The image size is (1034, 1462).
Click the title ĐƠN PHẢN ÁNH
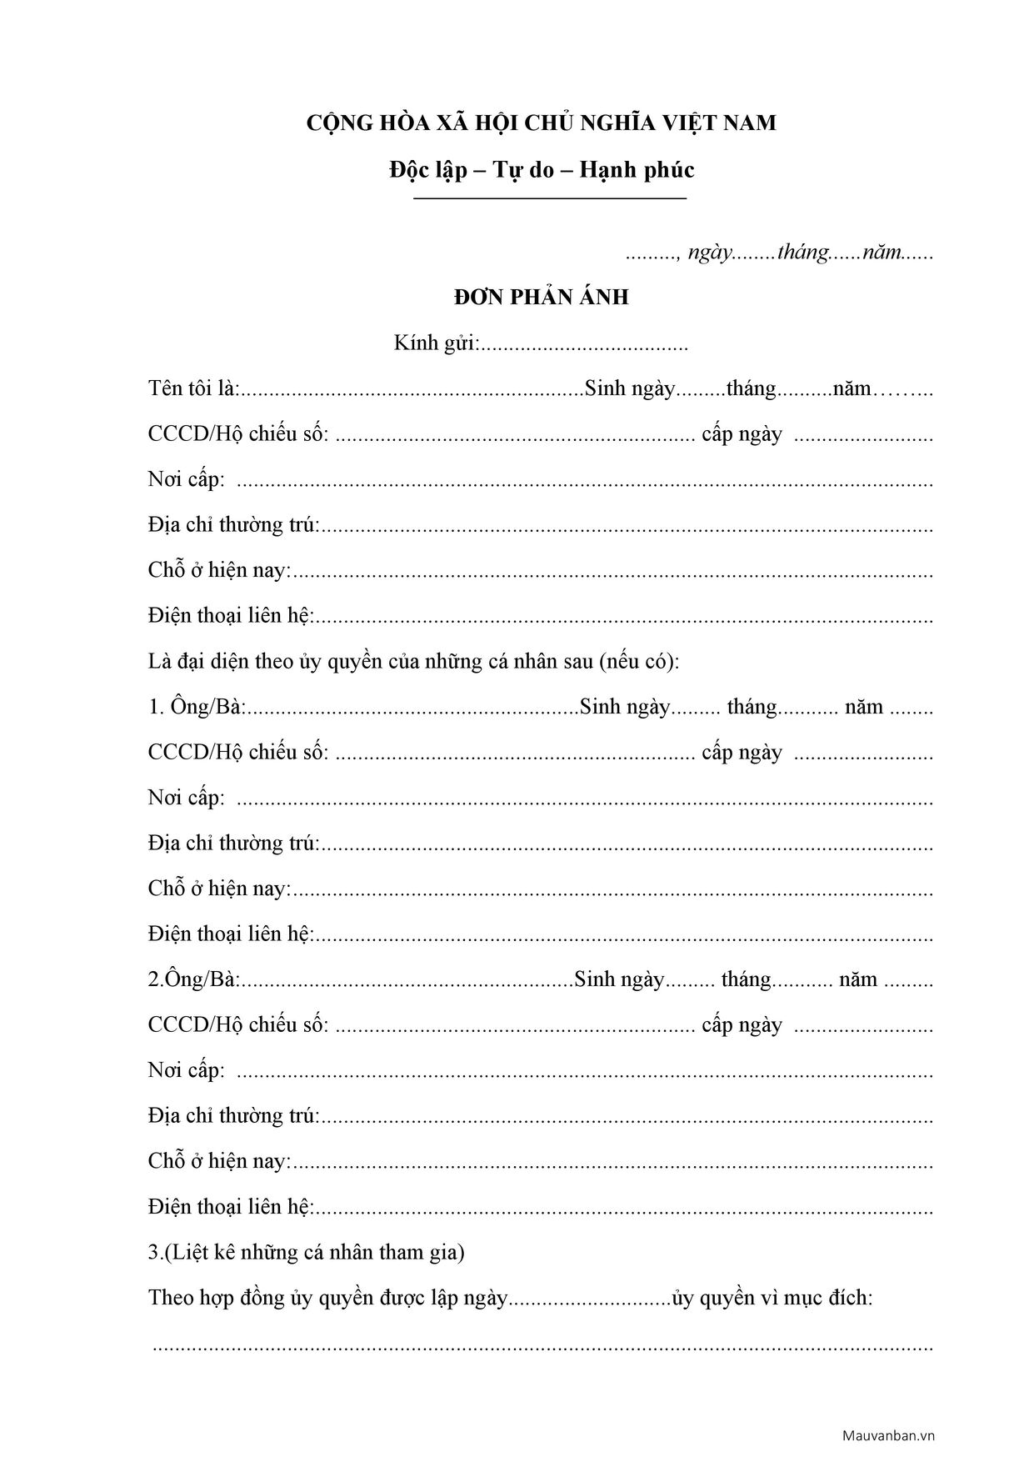click(x=542, y=297)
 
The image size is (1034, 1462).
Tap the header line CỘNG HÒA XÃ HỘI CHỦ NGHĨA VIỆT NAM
click(x=542, y=123)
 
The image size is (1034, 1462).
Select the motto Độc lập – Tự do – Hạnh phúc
click(x=542, y=170)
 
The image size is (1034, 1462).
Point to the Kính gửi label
click(x=436, y=343)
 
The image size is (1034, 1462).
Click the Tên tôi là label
click(x=194, y=388)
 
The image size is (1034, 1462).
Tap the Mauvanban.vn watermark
click(x=888, y=1435)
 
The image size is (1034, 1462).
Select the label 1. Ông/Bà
click(x=197, y=707)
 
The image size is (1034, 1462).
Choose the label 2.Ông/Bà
click(x=194, y=979)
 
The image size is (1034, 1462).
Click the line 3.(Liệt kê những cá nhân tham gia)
click(x=307, y=1252)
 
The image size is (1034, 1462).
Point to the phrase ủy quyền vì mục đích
click(x=773, y=1298)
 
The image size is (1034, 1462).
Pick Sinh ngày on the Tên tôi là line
click(x=630, y=388)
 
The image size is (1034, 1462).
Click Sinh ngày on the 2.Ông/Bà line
click(x=620, y=979)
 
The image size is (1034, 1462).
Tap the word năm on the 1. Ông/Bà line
click(x=864, y=707)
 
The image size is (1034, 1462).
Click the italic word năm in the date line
click(x=882, y=253)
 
